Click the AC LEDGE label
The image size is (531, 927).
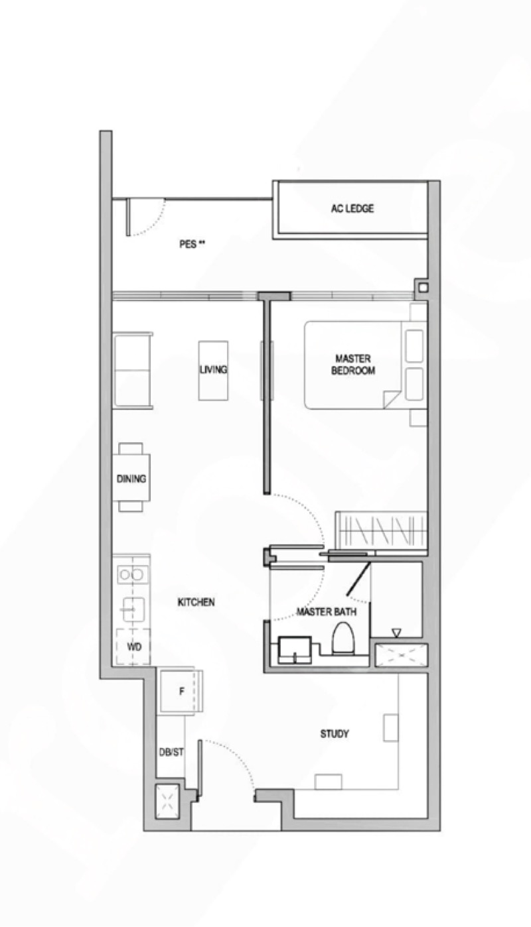(352, 208)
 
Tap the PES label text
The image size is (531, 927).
(192, 244)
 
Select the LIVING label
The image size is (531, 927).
(213, 369)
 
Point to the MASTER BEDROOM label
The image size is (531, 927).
(353, 364)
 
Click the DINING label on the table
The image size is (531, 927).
(131, 479)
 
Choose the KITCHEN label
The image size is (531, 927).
(196, 602)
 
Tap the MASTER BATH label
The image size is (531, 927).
(327, 611)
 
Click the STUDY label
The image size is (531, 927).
(335, 734)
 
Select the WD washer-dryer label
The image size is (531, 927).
(134, 647)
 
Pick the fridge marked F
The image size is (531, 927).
(181, 691)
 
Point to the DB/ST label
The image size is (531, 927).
(171, 752)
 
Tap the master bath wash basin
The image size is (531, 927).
(295, 650)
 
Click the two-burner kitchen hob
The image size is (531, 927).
(131, 574)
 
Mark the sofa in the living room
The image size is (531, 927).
(133, 371)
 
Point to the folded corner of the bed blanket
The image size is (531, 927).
(392, 400)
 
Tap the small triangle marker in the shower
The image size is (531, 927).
(396, 633)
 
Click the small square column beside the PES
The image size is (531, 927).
(422, 287)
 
